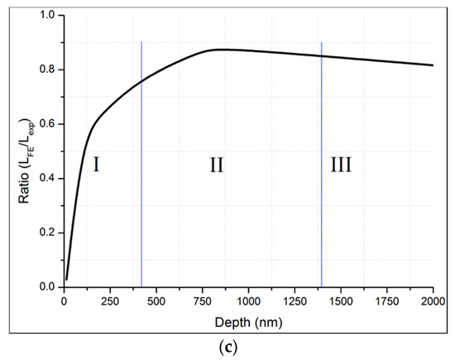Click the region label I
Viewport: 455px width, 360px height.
tap(97, 166)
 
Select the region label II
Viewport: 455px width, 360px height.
tap(217, 166)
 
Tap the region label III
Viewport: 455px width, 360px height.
tap(340, 166)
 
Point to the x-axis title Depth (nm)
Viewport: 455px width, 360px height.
tap(248, 320)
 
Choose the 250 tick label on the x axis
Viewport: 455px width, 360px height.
tap(110, 301)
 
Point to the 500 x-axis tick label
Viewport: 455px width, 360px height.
tap(156, 301)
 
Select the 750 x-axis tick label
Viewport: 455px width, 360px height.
tap(203, 301)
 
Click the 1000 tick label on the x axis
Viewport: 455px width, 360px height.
tap(248, 301)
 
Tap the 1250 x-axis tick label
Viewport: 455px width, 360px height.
tap(295, 301)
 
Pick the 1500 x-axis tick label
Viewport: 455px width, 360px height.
tap(341, 301)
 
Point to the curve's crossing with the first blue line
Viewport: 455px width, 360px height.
tap(141, 81)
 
